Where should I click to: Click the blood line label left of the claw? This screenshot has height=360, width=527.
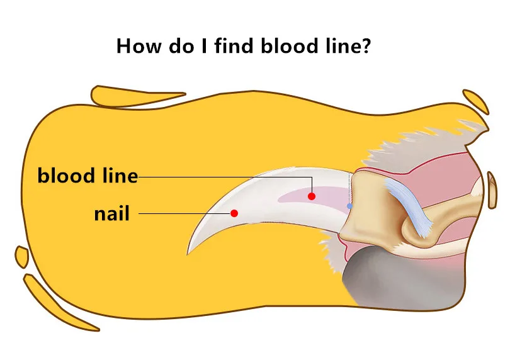pyautogui.click(x=88, y=176)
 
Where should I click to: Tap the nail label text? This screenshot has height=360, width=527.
pyautogui.click(x=111, y=213)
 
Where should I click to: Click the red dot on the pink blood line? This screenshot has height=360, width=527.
pyautogui.click(x=311, y=196)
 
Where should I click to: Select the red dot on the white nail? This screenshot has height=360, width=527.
pyautogui.click(x=234, y=213)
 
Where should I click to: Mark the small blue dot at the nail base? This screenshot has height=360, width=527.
pyautogui.click(x=350, y=206)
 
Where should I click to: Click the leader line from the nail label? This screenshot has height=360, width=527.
pyautogui.click(x=183, y=213)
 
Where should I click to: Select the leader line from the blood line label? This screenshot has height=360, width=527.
pyautogui.click(x=220, y=177)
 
